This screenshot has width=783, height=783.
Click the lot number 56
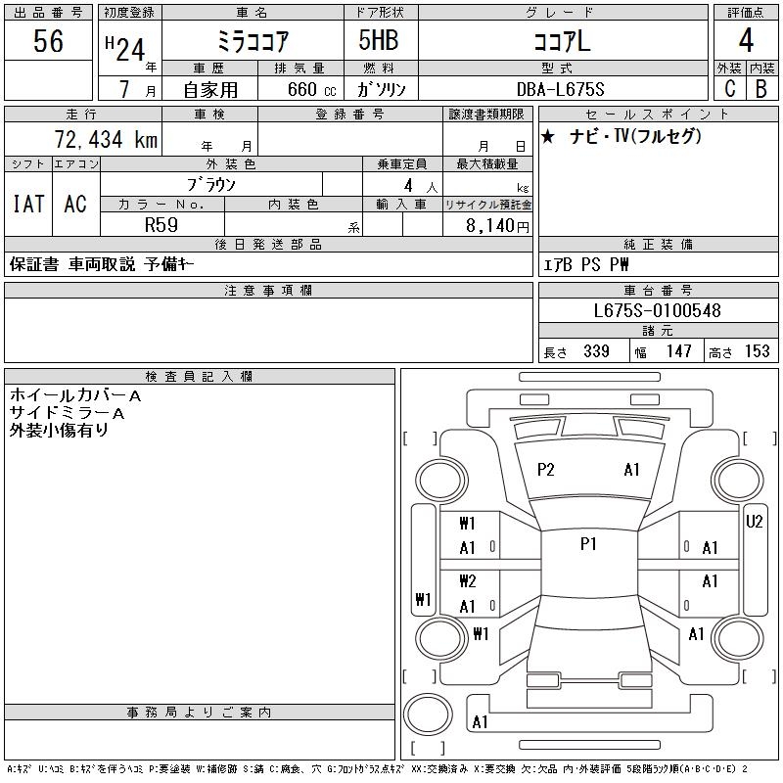pos(48,41)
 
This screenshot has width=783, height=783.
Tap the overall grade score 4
pos(746,40)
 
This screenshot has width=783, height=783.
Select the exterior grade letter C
pos(730,89)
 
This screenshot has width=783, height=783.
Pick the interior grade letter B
pos(761,89)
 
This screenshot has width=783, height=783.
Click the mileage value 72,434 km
pos(106,139)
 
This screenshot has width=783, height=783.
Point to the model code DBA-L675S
pos(560,89)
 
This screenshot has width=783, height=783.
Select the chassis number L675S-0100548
pos(657,310)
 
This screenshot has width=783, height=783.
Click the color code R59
pos(161,225)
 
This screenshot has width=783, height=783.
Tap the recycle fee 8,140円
pos(497,226)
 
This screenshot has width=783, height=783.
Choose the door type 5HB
pos(379,40)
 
